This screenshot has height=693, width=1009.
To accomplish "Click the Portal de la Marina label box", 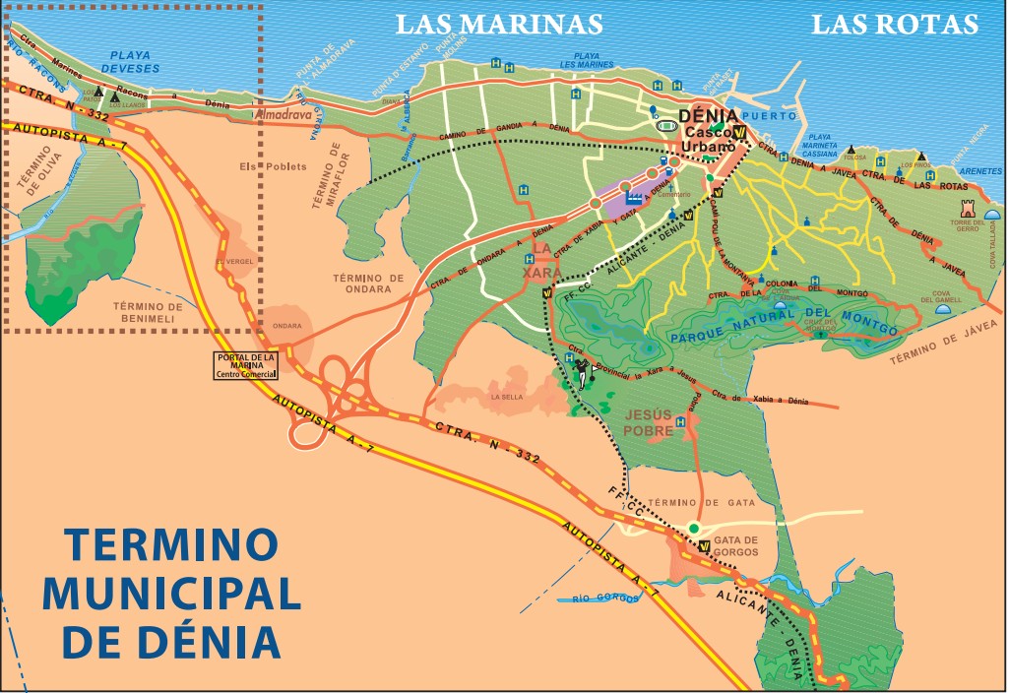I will [x=247, y=365].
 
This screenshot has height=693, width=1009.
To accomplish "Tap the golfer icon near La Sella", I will [x=580, y=371].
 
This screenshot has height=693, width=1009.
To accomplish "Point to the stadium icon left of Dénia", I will [x=666, y=126].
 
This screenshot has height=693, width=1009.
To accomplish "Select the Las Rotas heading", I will [x=894, y=24].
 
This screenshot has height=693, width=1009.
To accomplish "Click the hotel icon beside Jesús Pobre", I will [x=681, y=420].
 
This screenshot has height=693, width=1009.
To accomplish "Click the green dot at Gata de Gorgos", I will [x=693, y=529].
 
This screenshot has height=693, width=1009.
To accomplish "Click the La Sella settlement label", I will [x=507, y=397].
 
